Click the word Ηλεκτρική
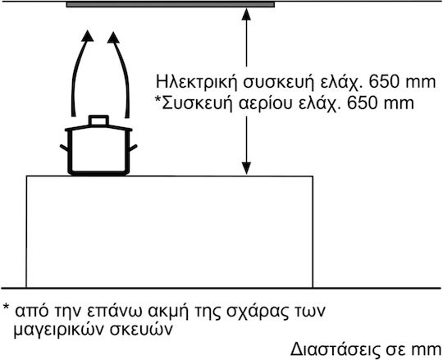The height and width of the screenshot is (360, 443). pyautogui.click(x=196, y=82)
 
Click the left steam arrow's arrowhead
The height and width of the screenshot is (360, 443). pyautogui.click(x=88, y=36)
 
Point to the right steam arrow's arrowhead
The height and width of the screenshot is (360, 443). pyautogui.click(x=113, y=38)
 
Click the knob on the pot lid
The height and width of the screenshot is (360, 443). pyautogui.click(x=98, y=121)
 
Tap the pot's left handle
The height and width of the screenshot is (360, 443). pyautogui.click(x=64, y=148)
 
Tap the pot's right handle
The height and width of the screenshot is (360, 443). pyautogui.click(x=134, y=148)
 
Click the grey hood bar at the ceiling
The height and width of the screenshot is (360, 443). pyautogui.click(x=171, y=5)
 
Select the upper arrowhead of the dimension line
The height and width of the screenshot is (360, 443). pyautogui.click(x=246, y=14)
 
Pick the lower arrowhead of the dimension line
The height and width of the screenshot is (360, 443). pyautogui.click(x=246, y=169)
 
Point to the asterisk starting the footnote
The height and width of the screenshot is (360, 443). pyautogui.click(x=7, y=308)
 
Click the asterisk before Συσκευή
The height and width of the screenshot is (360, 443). pyautogui.click(x=158, y=100)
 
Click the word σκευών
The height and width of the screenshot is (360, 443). pyautogui.click(x=141, y=329)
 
